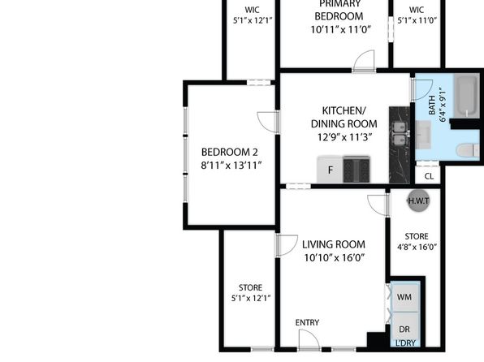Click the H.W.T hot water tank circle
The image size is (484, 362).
(x=418, y=201)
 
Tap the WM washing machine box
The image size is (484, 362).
(x=404, y=297)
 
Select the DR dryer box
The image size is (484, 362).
(x=404, y=327)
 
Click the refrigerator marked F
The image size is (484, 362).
(x=331, y=169)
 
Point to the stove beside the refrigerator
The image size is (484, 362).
(x=357, y=169)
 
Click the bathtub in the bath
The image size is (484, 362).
(x=468, y=96)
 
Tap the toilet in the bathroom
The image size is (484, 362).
(x=468, y=151)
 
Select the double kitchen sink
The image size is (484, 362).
(x=400, y=133)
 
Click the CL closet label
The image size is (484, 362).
(x=429, y=176)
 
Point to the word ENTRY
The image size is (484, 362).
(x=307, y=322)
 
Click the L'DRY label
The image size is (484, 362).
(x=405, y=343)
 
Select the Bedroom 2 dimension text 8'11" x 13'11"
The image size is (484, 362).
(x=231, y=166)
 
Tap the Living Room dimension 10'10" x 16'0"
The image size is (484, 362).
(x=335, y=257)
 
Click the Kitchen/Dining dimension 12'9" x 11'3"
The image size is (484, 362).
(x=344, y=137)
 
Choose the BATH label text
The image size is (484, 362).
(x=432, y=105)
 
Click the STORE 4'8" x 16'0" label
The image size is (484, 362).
(x=417, y=242)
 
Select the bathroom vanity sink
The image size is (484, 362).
(x=423, y=135)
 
